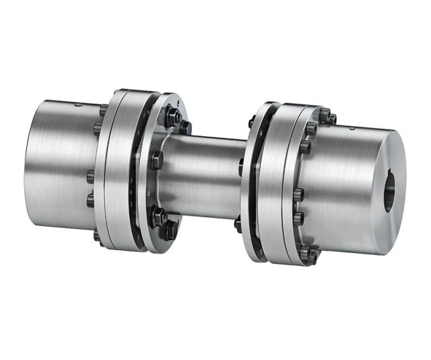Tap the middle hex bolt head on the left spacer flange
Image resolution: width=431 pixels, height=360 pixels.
click(x=156, y=160)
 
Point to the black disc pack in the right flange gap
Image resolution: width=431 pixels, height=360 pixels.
click(x=254, y=179)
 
